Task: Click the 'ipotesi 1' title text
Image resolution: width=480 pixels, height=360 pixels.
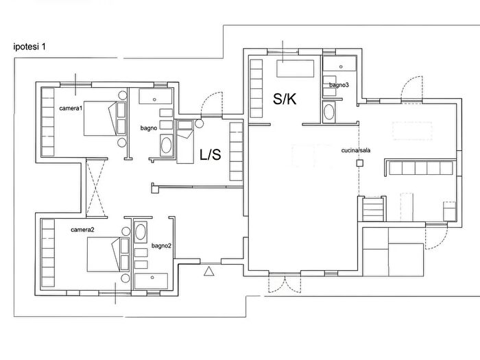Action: pos(29,47)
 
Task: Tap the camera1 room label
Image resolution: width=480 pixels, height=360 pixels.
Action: pos(71,108)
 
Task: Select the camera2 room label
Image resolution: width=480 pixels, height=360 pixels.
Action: pos(82,230)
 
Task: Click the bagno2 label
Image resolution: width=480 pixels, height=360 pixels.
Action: pos(161,245)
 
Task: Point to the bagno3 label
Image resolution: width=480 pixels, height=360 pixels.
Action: pos(339,85)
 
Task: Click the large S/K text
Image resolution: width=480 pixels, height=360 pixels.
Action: pos(285,99)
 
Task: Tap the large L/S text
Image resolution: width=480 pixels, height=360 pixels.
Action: pos(211,154)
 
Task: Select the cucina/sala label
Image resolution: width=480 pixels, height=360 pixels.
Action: pos(356,150)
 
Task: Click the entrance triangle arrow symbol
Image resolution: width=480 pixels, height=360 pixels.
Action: pos(209,272)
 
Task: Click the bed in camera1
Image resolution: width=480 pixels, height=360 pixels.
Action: pos(105,118)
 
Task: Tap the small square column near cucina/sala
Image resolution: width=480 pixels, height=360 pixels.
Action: pos(360,163)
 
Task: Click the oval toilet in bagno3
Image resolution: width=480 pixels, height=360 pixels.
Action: pos(328,112)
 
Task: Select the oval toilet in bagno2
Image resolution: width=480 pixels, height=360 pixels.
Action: pos(141,232)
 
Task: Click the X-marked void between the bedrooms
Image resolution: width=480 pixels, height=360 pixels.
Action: pos(96,188)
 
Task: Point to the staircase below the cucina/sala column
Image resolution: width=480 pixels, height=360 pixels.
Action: pos(373,209)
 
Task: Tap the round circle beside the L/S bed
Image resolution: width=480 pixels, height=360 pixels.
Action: pos(199,123)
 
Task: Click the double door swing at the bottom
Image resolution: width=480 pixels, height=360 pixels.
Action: pos(285,284)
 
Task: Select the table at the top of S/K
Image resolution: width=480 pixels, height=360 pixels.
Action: pos(296,69)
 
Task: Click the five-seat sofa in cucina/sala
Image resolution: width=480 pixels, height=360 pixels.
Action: pos(420,169)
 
